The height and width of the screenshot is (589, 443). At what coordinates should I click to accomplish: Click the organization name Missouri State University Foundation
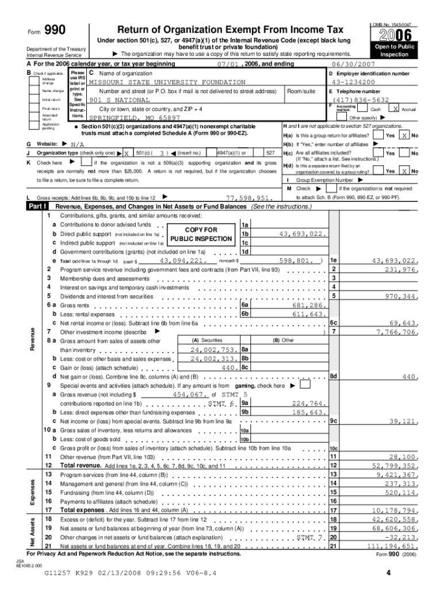pos(159,82)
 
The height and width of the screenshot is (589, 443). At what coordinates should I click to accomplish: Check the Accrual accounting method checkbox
pos(395,109)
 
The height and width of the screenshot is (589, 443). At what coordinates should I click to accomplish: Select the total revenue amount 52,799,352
pos(395,465)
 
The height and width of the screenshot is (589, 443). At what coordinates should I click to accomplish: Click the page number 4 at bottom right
pos(389,572)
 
